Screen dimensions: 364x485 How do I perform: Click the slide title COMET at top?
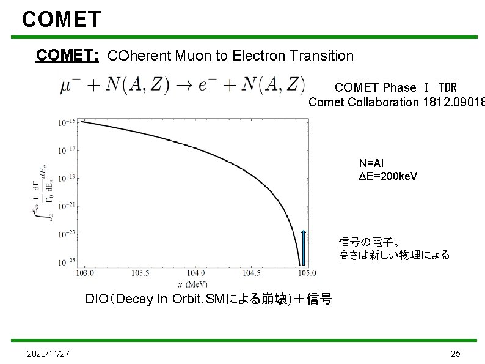pyautogui.click(x=61, y=20)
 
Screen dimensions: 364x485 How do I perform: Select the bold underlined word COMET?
pyautogui.click(x=68, y=56)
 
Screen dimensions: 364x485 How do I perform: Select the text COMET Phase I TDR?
pyautogui.click(x=395, y=88)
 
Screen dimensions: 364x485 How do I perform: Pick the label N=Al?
pyautogui.click(x=373, y=163)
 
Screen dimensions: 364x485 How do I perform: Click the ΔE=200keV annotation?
pyautogui.click(x=388, y=176)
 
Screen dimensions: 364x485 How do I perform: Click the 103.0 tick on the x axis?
pyautogui.click(x=87, y=273)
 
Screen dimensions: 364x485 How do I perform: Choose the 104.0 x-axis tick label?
pyautogui.click(x=196, y=273)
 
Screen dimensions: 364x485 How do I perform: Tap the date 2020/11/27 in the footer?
pyautogui.click(x=48, y=354)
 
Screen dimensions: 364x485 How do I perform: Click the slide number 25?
pyautogui.click(x=455, y=354)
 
